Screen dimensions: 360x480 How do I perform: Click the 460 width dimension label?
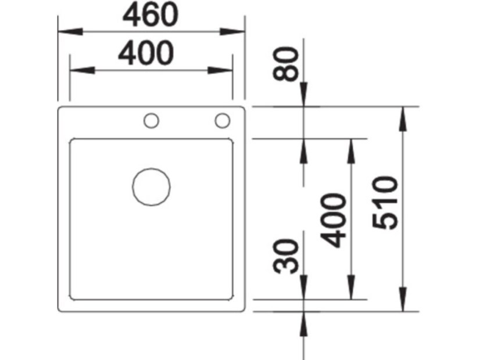click(x=150, y=16)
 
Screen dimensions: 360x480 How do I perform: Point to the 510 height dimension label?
click(x=385, y=203)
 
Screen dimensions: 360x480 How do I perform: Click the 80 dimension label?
click(x=288, y=64)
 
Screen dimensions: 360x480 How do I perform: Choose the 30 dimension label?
click(x=288, y=255)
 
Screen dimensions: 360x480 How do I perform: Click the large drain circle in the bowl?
click(x=151, y=187)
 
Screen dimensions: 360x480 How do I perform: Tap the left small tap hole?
click(x=151, y=121)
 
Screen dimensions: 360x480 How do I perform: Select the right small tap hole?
click(x=222, y=121)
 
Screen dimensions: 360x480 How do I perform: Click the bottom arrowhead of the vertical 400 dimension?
click(x=350, y=290)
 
